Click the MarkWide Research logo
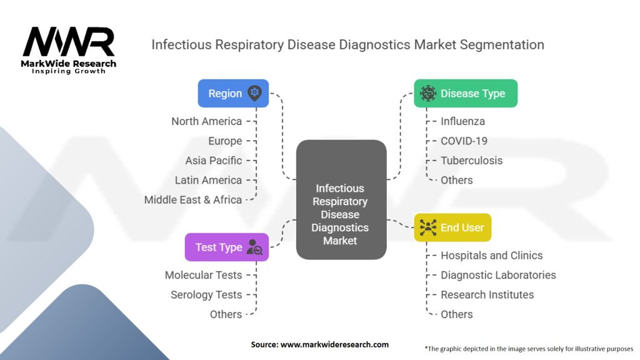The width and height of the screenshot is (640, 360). coord(69,49)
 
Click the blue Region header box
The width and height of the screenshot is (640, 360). coord(233,93)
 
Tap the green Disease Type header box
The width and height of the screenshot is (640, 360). coord(466,93)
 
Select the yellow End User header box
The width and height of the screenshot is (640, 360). coord(452,227)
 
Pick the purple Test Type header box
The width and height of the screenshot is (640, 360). coord(227,247)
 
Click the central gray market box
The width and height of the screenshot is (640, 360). coord(341,200)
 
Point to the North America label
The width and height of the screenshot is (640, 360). coord(206,121)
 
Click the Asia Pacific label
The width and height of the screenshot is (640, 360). coord(213,161)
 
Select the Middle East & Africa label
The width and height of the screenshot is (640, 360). coord(192,200)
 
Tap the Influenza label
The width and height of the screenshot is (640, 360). coord(462,121)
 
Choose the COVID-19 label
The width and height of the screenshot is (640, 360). coord(464,141)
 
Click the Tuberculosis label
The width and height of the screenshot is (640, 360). coord(471,161)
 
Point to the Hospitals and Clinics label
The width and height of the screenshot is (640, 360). coord(491,256)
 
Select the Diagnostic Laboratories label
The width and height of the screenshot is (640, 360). coord(498,275)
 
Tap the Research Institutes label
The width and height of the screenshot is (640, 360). coord(487,295)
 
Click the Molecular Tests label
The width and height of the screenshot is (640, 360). coord(203,275)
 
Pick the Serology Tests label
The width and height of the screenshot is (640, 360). coord(206,295)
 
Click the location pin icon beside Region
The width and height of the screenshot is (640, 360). coord(255,93)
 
